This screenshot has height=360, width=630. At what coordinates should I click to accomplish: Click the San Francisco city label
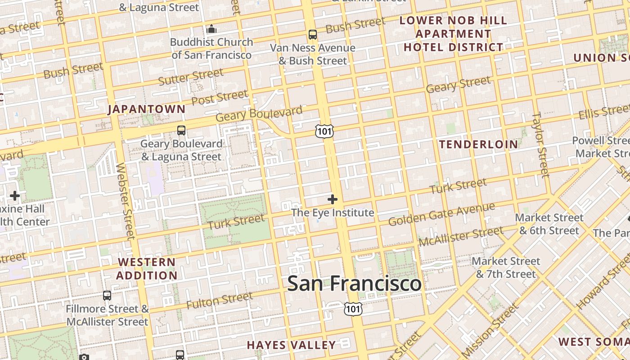(354, 283)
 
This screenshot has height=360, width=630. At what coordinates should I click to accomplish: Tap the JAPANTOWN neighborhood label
(147, 109)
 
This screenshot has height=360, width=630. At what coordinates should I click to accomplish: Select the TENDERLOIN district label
(478, 144)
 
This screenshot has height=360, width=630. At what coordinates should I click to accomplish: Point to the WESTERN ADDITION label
(147, 269)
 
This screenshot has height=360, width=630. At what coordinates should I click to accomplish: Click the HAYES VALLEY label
(291, 345)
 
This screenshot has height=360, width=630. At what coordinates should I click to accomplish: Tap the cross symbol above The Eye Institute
(333, 199)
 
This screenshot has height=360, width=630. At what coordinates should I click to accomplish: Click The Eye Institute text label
(333, 212)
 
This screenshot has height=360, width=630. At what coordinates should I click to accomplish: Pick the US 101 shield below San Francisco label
(353, 308)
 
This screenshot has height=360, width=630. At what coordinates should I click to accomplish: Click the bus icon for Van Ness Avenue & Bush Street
(312, 34)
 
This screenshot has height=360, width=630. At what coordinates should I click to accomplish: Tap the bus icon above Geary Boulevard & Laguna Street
(181, 130)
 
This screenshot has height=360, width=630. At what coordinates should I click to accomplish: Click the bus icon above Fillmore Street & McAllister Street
(107, 296)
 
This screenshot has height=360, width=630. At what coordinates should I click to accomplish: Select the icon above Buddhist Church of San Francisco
(211, 29)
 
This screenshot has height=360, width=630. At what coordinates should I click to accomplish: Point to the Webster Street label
(125, 201)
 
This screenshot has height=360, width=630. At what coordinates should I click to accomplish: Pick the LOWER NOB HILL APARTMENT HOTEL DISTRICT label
(454, 34)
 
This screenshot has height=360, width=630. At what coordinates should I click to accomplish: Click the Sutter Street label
(191, 77)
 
